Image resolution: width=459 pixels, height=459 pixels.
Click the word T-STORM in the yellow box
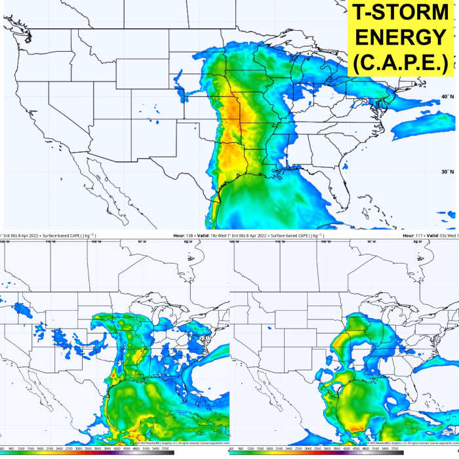pos(401,14)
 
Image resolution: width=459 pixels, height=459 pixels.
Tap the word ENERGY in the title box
pos(401,37)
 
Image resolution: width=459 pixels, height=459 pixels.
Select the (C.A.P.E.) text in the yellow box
pos(401,62)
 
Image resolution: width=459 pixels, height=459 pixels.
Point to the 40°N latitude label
pos(447,97)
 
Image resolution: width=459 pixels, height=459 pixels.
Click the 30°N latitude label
pos(447,172)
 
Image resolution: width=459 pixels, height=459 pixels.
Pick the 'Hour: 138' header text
pos(184,234)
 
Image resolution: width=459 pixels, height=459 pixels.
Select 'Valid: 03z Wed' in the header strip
pos(441,234)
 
